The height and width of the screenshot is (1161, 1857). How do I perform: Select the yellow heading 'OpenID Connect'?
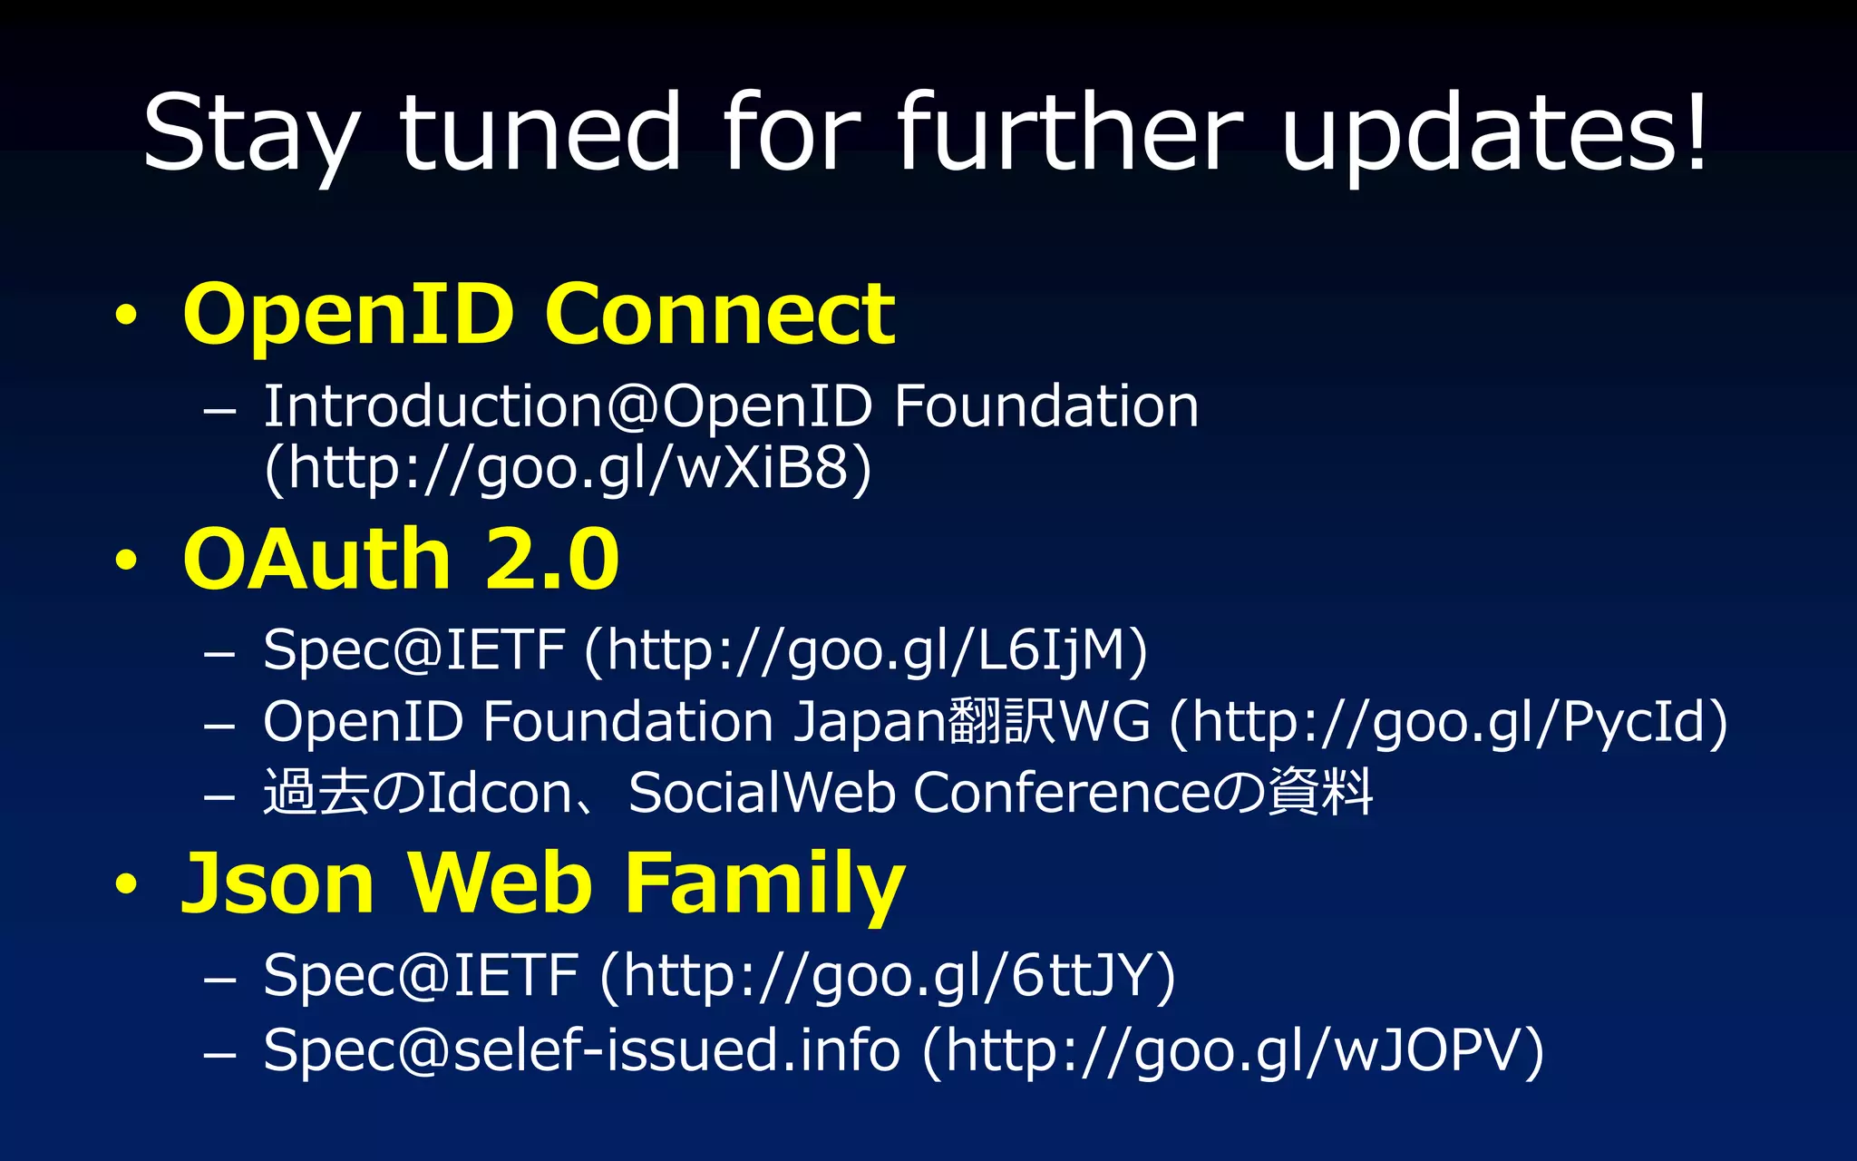point(539,316)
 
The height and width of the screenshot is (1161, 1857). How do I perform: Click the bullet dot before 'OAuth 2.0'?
point(127,560)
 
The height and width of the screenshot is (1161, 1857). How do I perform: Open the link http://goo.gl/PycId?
point(1448,722)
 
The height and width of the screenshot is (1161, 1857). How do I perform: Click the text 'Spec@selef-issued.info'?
point(581,1050)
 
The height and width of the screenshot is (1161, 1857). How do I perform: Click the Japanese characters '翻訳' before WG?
point(1002,722)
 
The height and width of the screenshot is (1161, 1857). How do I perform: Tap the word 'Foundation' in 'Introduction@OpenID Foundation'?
point(1045,406)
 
